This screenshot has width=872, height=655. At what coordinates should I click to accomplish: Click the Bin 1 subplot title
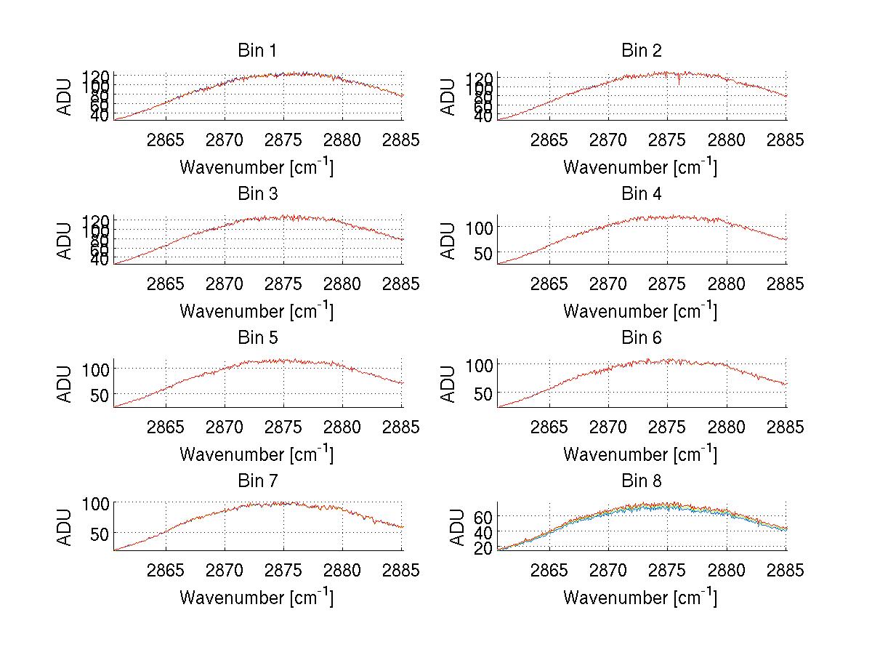257,51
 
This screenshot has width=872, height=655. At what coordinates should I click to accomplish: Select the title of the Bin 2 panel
641,51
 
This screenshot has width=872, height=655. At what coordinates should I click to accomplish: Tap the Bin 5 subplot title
257,338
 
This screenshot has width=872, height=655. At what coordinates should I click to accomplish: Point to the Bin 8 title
641,481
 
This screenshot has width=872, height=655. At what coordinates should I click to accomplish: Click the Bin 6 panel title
641,338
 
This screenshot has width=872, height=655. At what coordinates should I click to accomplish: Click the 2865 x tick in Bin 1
166,140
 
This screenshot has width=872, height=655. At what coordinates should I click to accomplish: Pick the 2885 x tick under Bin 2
786,140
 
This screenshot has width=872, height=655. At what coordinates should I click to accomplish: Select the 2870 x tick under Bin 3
225,284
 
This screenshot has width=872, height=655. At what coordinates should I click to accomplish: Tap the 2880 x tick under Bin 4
727,284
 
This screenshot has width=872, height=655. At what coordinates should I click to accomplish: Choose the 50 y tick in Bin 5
100,395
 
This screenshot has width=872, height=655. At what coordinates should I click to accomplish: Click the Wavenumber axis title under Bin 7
257,597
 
